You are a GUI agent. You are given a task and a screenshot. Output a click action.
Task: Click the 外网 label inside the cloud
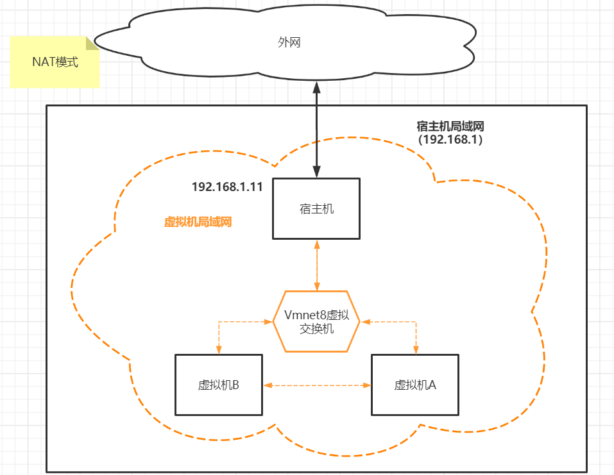tap(289, 43)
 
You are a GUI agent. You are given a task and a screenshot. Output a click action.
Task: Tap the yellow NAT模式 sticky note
tap(55, 62)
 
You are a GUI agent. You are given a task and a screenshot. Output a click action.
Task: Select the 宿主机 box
tap(316, 208)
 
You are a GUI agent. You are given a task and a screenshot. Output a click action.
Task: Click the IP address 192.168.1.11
tap(227, 187)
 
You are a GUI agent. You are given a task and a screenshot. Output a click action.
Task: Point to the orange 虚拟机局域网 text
tap(198, 222)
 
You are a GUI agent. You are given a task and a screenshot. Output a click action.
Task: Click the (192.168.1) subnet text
tap(450, 139)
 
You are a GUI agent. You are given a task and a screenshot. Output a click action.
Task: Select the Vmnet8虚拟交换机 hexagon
tap(316, 321)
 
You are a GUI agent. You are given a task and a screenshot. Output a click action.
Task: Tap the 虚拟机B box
tap(219, 385)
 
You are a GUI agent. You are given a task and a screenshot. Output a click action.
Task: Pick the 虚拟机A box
tap(415, 385)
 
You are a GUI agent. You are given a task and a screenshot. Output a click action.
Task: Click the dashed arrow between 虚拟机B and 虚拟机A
tap(318, 385)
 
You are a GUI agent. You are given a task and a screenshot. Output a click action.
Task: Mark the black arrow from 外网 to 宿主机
tap(316, 128)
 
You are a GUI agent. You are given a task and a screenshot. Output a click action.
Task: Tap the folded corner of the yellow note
tap(93, 43)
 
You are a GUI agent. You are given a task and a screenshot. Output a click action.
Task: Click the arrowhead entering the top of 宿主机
tap(316, 172)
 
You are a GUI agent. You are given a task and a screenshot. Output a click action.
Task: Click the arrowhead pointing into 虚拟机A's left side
tap(368, 385)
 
